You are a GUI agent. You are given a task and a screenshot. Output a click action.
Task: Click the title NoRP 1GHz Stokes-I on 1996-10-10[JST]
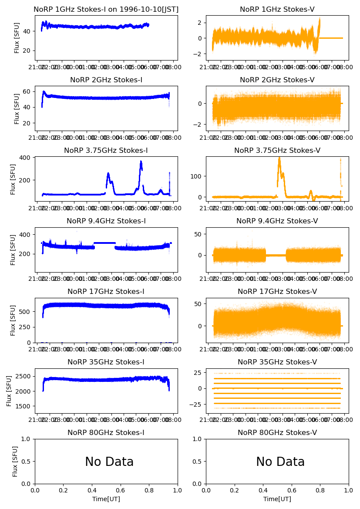click(106, 9)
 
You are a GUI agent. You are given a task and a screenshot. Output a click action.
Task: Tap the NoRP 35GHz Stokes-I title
click(106, 362)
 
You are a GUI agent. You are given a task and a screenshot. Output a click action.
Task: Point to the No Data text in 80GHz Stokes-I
click(109, 462)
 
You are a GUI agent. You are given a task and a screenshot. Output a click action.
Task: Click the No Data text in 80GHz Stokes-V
click(280, 462)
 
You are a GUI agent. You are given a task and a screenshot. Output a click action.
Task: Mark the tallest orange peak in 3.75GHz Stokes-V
click(279, 158)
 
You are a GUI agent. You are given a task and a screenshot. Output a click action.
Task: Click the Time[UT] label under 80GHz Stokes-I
click(106, 499)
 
